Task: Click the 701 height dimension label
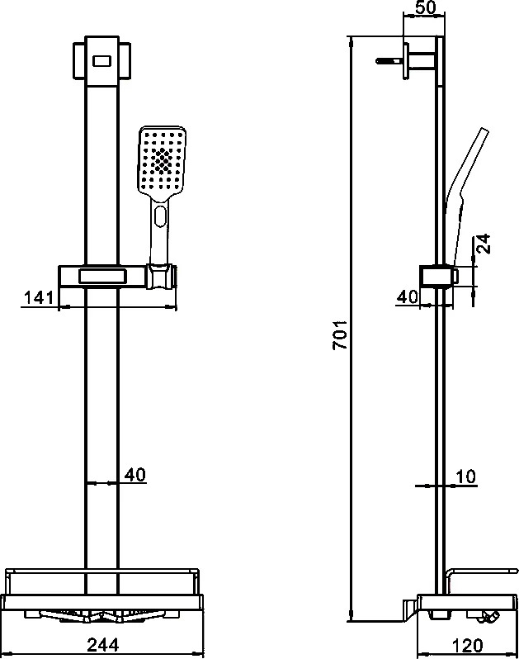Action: [340, 335]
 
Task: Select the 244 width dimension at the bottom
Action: [103, 644]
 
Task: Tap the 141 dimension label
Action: [39, 297]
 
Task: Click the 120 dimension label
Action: [467, 645]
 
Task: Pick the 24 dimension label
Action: [484, 244]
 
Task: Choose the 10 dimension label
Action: [465, 476]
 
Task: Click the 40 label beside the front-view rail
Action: [135, 475]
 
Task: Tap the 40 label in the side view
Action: [408, 296]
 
